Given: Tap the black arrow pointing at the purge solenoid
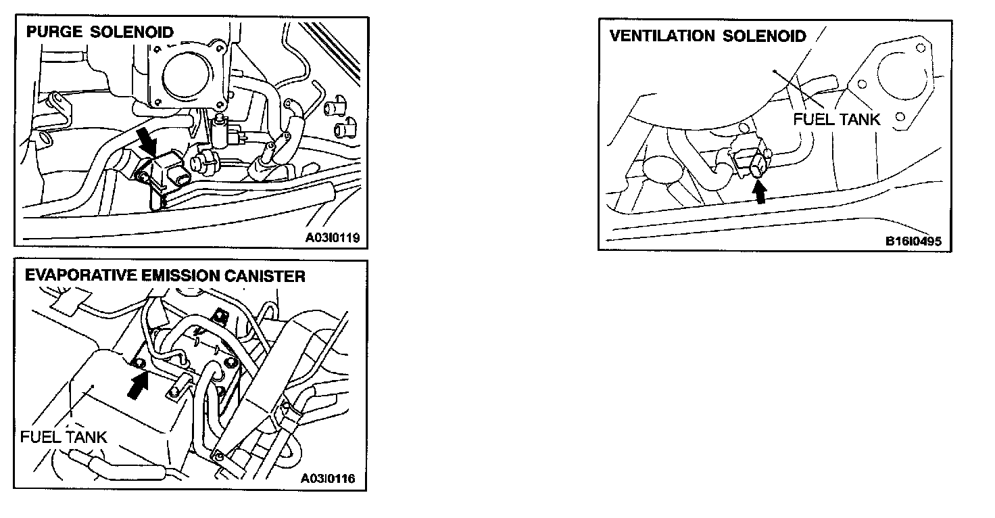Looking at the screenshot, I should tap(145, 142).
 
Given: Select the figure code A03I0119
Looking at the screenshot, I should tap(332, 237).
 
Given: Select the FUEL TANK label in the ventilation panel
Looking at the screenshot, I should tap(836, 120).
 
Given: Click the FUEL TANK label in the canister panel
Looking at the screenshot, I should tap(64, 436).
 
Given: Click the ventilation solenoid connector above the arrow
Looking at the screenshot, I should tap(757, 164).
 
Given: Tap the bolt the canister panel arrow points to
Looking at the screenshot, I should tap(139, 363).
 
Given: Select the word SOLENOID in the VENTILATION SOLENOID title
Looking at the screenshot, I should tap(765, 36).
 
